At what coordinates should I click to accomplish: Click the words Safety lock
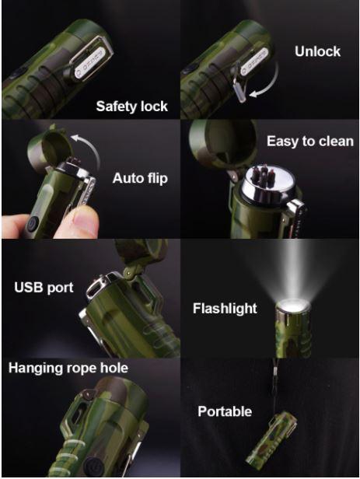pyautogui.click(x=131, y=107)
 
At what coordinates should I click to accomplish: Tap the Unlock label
pyautogui.click(x=317, y=51)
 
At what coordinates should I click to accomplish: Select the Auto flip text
pyautogui.click(x=140, y=178)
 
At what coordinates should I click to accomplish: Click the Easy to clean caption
pyautogui.click(x=310, y=142)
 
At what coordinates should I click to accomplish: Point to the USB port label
pyautogui.click(x=44, y=288)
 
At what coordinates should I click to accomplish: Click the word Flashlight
pyautogui.click(x=225, y=308)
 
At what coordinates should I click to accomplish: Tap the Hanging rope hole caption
pyautogui.click(x=68, y=368)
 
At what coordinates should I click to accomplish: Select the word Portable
pyautogui.click(x=225, y=411)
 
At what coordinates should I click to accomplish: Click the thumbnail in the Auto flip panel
pyautogui.click(x=82, y=220)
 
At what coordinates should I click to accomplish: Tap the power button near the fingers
pyautogui.click(x=32, y=224)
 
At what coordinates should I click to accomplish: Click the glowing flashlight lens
pyautogui.click(x=292, y=306)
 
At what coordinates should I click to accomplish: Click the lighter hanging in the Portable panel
pyautogui.click(x=271, y=438)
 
